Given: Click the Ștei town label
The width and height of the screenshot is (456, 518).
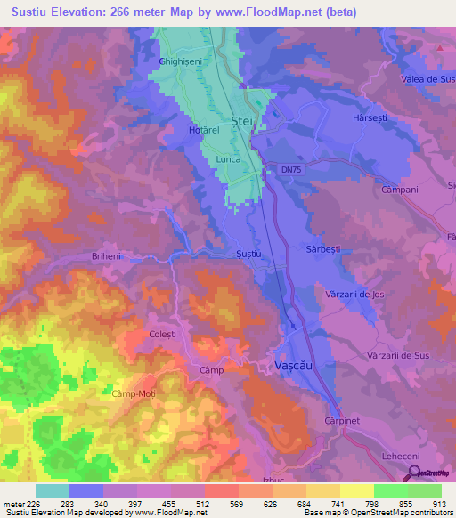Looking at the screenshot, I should pyautogui.click(x=242, y=120).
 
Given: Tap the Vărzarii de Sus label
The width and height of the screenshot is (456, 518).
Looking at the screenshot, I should pyautogui.click(x=397, y=355).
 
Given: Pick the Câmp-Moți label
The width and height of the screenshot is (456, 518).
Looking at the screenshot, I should pyautogui.click(x=134, y=393).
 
